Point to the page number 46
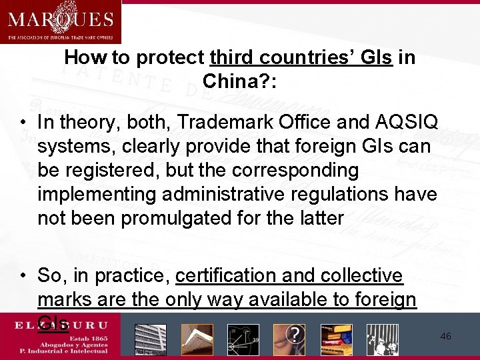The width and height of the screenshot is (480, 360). pyautogui.click(x=445, y=337)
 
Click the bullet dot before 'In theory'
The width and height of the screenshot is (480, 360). pyautogui.click(x=23, y=123)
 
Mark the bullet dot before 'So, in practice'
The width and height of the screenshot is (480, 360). pyautogui.click(x=23, y=276)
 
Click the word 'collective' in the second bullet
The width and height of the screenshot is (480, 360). pyautogui.click(x=367, y=275)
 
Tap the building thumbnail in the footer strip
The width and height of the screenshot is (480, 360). pyautogui.click(x=150, y=339)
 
